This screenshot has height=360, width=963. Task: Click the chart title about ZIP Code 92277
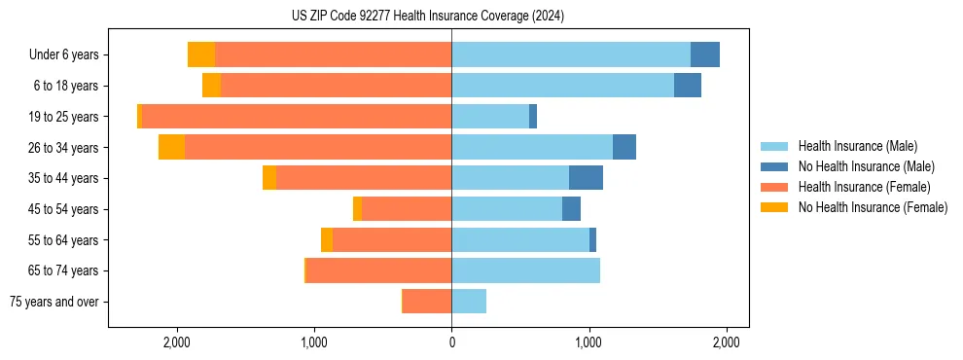click(427, 17)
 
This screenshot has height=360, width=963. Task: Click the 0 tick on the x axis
click(451, 342)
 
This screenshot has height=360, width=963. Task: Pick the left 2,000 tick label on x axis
click(176, 342)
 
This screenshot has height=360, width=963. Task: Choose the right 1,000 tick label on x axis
click(588, 342)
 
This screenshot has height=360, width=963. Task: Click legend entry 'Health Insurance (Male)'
click(857, 146)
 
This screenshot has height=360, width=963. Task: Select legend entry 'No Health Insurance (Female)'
click(873, 207)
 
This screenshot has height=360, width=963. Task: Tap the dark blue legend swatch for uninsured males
click(775, 166)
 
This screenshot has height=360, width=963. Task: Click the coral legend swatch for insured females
click(775, 187)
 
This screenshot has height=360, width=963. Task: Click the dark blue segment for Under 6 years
click(705, 54)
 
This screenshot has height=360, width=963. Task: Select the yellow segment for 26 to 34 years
click(171, 147)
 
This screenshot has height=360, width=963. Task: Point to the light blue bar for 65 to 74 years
click(525, 270)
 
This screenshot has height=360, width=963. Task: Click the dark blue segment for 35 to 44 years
click(586, 178)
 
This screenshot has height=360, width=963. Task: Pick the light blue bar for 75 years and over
click(469, 302)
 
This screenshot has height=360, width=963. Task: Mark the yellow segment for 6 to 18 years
click(211, 86)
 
